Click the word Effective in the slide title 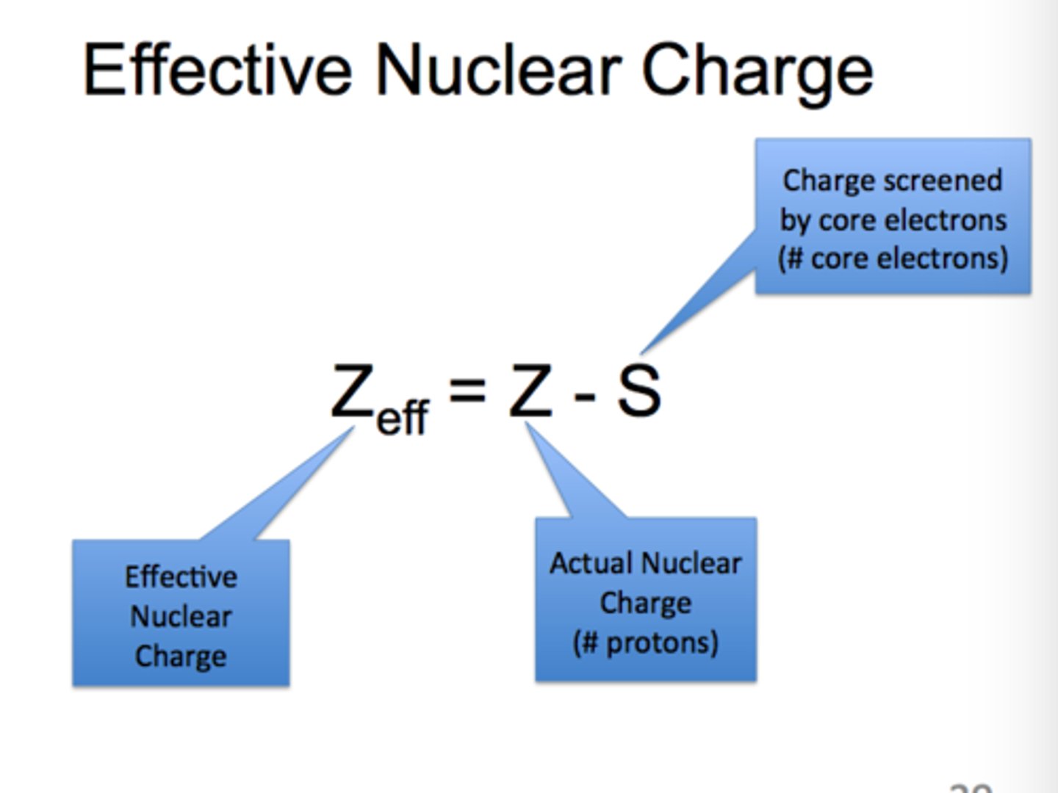click(217, 71)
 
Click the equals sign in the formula click(467, 389)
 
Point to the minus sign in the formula click(584, 397)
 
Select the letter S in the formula click(638, 391)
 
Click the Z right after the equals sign click(530, 391)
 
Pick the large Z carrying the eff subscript click(350, 391)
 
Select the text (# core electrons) click(893, 258)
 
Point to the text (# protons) click(645, 642)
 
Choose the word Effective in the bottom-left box click(181, 576)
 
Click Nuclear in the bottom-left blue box click(181, 616)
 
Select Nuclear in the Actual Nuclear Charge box click(694, 563)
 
